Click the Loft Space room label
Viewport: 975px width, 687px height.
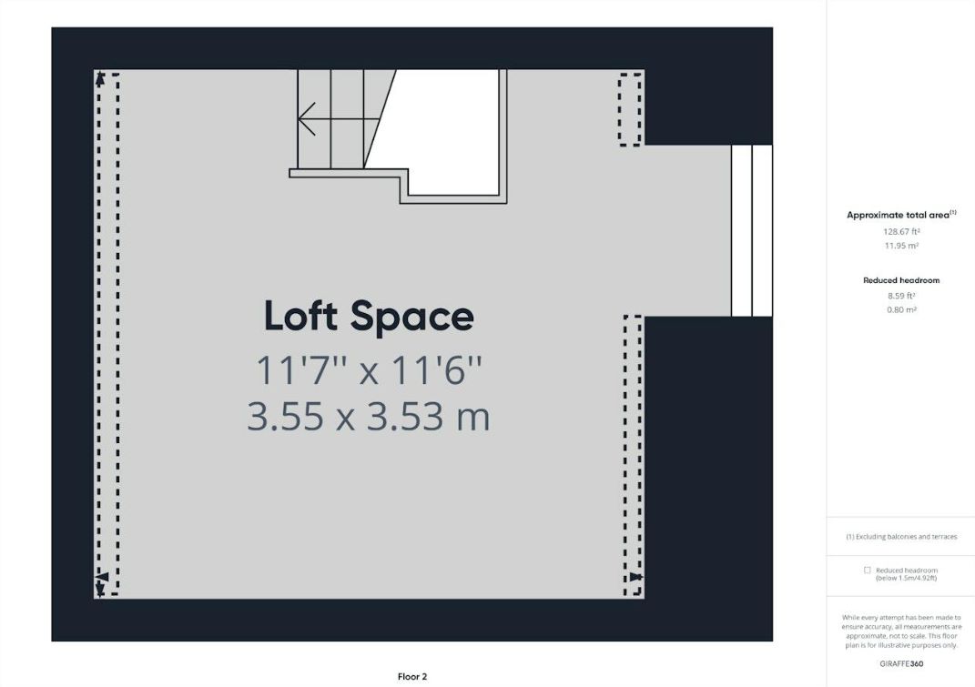point(369,317)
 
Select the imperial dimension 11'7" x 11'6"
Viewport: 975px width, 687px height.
point(368,371)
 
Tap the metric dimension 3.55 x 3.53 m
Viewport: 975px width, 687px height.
point(368,417)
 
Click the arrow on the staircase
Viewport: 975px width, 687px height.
point(310,118)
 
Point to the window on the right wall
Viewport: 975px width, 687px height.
point(751,230)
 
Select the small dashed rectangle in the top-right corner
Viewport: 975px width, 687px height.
point(629,109)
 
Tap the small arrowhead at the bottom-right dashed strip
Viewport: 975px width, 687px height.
point(635,577)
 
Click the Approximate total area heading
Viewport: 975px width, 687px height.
point(900,215)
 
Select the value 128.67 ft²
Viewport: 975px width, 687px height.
point(900,231)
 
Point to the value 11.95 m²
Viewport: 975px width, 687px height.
point(900,246)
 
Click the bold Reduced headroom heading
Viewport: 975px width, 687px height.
point(900,280)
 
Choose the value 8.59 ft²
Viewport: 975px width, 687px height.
point(900,296)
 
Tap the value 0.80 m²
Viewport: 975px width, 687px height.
point(900,310)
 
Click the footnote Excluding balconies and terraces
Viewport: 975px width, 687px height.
point(900,537)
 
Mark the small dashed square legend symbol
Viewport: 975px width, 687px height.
point(867,571)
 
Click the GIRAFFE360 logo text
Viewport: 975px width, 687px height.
point(900,663)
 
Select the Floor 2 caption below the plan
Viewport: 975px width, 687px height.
point(412,676)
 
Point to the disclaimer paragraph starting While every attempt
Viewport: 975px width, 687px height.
point(900,631)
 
